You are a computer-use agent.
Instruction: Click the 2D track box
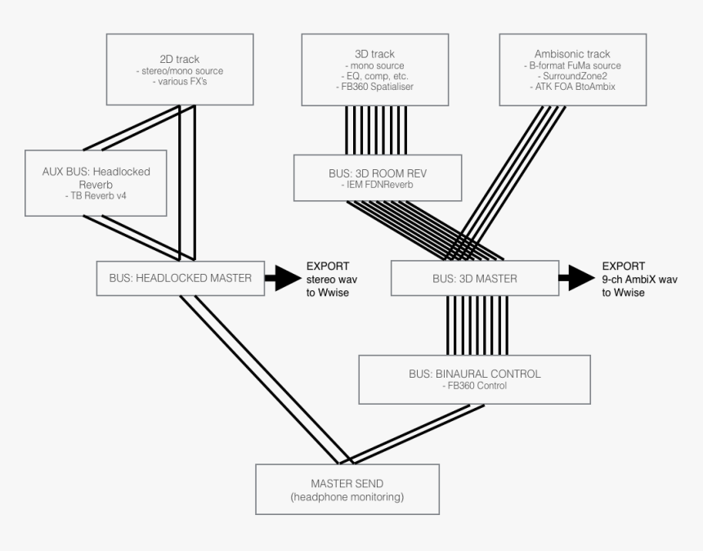point(179,69)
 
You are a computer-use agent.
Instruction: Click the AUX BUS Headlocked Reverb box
point(96,182)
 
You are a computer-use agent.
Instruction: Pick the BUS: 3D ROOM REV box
point(378,178)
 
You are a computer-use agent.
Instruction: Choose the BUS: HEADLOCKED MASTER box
point(179,278)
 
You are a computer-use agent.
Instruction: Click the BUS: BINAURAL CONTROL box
point(474,379)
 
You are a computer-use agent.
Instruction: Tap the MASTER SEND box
point(347,489)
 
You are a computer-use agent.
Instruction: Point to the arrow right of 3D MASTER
point(577,278)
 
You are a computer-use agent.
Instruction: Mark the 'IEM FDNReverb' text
point(378,186)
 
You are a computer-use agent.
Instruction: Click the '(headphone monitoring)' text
point(347,496)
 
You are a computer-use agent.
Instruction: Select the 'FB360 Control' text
point(474,386)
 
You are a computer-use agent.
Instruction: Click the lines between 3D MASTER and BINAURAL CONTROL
point(477,325)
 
